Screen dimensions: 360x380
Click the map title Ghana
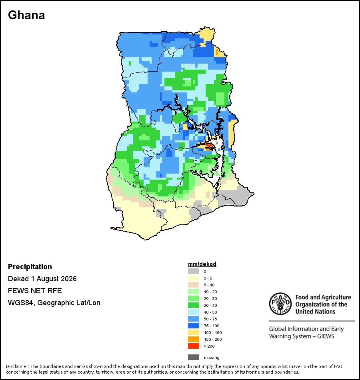click(x=26, y=15)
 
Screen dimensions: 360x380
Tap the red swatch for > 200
click(x=194, y=346)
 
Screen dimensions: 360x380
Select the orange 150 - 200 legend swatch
click(x=194, y=339)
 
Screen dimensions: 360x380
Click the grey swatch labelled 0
click(x=194, y=271)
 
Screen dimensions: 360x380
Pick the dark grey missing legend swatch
click(x=194, y=357)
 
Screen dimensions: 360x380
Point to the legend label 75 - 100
click(x=211, y=326)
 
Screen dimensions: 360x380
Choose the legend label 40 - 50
click(x=210, y=312)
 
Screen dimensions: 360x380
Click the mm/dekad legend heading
click(x=202, y=264)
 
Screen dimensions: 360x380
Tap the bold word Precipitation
click(x=30, y=266)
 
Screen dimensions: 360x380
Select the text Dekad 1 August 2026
click(x=42, y=279)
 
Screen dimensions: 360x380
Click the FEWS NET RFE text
click(x=35, y=290)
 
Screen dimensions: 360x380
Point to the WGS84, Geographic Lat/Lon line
click(x=54, y=303)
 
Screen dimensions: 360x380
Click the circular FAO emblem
click(x=280, y=304)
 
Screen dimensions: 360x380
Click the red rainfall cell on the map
click(x=209, y=145)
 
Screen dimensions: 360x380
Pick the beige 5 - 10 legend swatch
click(x=194, y=285)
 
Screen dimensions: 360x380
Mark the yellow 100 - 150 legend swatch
click(x=194, y=332)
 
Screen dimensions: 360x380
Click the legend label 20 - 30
click(x=210, y=298)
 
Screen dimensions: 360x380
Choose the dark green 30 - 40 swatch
click(x=194, y=305)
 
